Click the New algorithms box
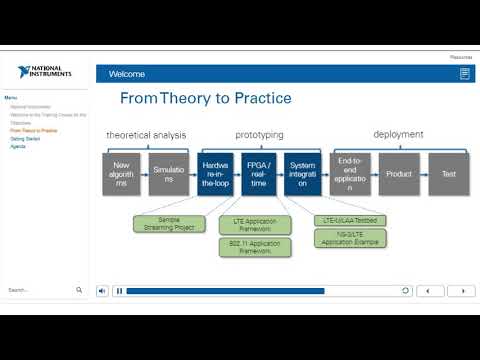point(121,173)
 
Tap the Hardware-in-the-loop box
point(216,173)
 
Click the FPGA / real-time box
point(258,173)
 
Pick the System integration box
point(301,173)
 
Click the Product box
point(399,173)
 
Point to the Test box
point(448,173)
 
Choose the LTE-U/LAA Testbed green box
point(350,219)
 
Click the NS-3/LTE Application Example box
point(350,239)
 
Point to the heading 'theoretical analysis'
point(148,134)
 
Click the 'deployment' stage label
point(398,134)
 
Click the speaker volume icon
point(103,291)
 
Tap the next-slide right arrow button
point(461,291)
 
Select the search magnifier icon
point(80,290)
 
